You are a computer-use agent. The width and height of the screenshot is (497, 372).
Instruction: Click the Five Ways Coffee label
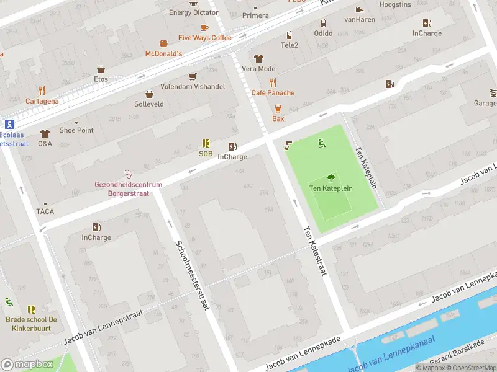204,38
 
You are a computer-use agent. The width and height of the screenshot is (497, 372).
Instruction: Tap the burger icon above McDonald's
163,43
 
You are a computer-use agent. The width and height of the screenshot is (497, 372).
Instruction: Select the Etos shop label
101,79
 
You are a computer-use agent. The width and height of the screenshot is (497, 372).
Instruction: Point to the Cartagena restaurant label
42,101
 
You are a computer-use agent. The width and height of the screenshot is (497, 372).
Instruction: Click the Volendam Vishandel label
193,87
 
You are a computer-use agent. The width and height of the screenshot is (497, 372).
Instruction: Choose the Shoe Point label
76,130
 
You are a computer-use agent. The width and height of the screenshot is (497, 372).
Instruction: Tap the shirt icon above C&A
45,133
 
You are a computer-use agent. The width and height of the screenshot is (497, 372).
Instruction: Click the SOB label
206,154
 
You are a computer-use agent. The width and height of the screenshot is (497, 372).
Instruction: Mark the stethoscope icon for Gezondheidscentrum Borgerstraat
129,174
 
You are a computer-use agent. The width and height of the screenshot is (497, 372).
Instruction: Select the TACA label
45,211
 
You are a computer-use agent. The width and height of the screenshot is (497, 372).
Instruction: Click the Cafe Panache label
273,93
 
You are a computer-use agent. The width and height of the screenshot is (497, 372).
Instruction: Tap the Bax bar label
278,118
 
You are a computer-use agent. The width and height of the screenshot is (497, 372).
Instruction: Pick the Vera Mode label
258,69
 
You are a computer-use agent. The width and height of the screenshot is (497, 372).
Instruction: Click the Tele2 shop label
290,45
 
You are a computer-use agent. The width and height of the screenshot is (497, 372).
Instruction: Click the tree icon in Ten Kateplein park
331,177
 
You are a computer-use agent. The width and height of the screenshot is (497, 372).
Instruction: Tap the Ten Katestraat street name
314,251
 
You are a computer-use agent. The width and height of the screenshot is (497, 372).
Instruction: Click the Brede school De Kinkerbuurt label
32,323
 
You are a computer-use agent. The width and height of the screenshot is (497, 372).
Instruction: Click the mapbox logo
26,365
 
